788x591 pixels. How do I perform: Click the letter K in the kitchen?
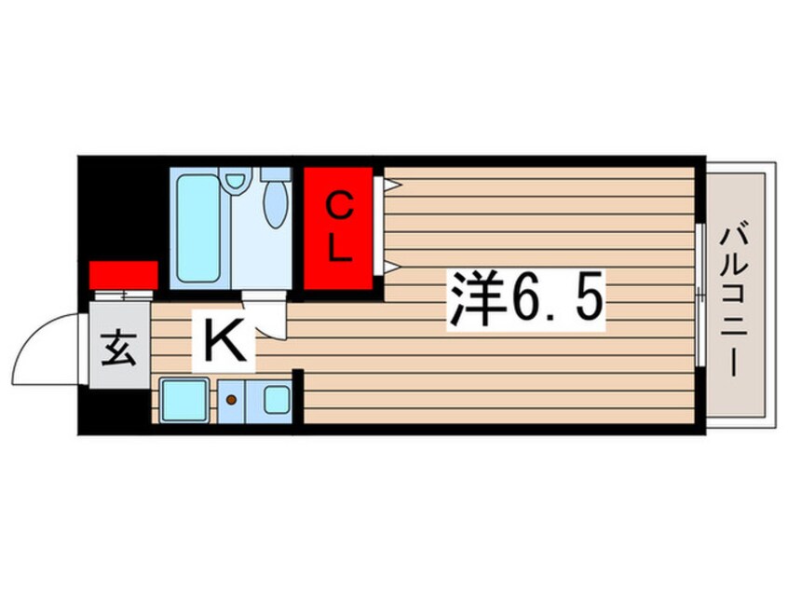(x=224, y=342)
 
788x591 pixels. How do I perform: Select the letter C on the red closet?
(x=341, y=207)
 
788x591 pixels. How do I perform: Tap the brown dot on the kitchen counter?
(x=230, y=400)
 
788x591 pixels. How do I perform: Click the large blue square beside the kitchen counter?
(x=183, y=399)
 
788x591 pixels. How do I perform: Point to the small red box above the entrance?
(x=123, y=275)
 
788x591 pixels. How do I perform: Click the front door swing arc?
(x=47, y=343)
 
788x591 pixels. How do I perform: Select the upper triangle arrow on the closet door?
(x=392, y=184)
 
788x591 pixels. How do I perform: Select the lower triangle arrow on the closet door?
(x=392, y=268)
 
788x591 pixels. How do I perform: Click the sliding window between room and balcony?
(x=699, y=295)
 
